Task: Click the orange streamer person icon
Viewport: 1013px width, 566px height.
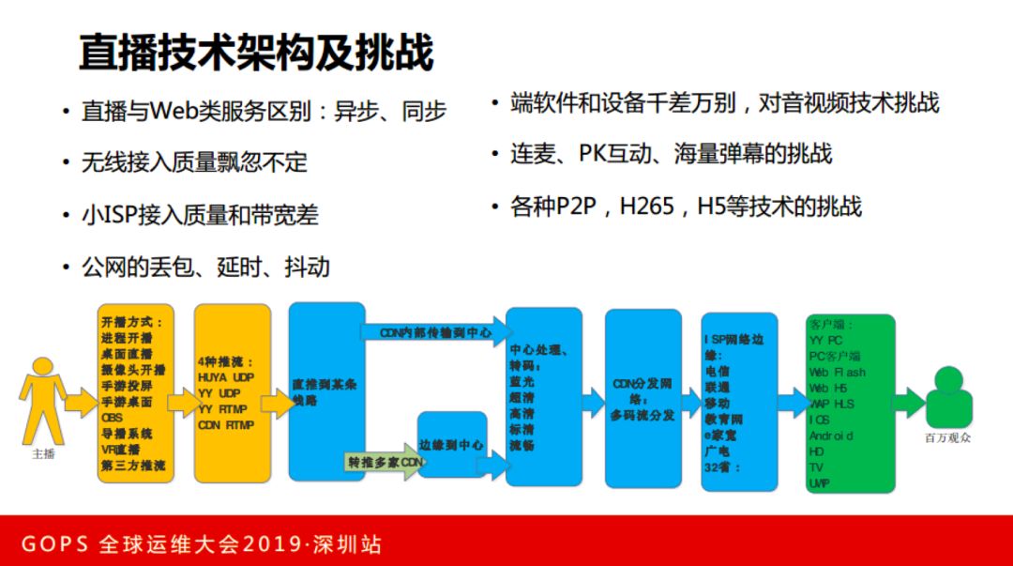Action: point(40,399)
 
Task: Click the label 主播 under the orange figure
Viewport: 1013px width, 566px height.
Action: point(43,454)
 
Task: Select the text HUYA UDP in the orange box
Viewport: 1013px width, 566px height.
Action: point(226,377)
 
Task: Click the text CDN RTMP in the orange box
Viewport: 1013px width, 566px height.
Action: point(226,425)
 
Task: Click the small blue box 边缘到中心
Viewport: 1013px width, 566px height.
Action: point(451,445)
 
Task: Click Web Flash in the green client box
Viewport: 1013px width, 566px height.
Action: point(837,372)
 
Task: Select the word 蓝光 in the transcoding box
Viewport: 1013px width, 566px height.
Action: point(523,381)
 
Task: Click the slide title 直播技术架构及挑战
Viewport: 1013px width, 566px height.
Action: point(255,53)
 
